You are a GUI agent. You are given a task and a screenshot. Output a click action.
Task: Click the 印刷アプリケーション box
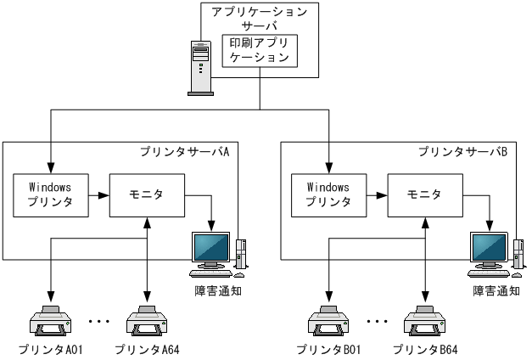(259, 50)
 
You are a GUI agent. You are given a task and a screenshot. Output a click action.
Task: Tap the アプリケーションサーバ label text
(259, 18)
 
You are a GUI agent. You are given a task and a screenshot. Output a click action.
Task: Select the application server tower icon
(199, 67)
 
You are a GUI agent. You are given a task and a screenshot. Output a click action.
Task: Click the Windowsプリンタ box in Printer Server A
(49, 194)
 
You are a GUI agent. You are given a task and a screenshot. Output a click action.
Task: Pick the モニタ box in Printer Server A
(147, 194)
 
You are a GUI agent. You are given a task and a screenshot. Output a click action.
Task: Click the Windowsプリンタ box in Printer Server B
(328, 194)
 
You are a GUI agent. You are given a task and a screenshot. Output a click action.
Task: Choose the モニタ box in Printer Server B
(425, 194)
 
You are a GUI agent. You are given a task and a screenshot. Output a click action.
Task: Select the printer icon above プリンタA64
(146, 320)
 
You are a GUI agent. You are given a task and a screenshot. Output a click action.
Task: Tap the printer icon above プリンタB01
(328, 320)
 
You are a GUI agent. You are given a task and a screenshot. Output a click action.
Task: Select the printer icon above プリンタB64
(424, 320)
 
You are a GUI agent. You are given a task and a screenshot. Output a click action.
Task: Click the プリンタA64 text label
(147, 349)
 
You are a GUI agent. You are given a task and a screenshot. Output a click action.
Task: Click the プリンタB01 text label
(328, 349)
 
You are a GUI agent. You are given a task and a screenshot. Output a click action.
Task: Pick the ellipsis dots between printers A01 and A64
(98, 322)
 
